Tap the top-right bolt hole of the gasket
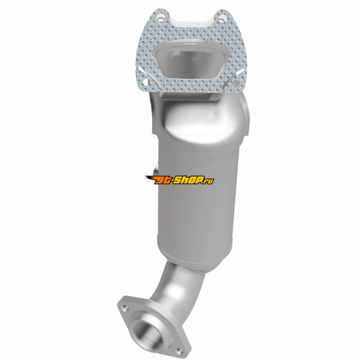221,18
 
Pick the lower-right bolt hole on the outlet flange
178,350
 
